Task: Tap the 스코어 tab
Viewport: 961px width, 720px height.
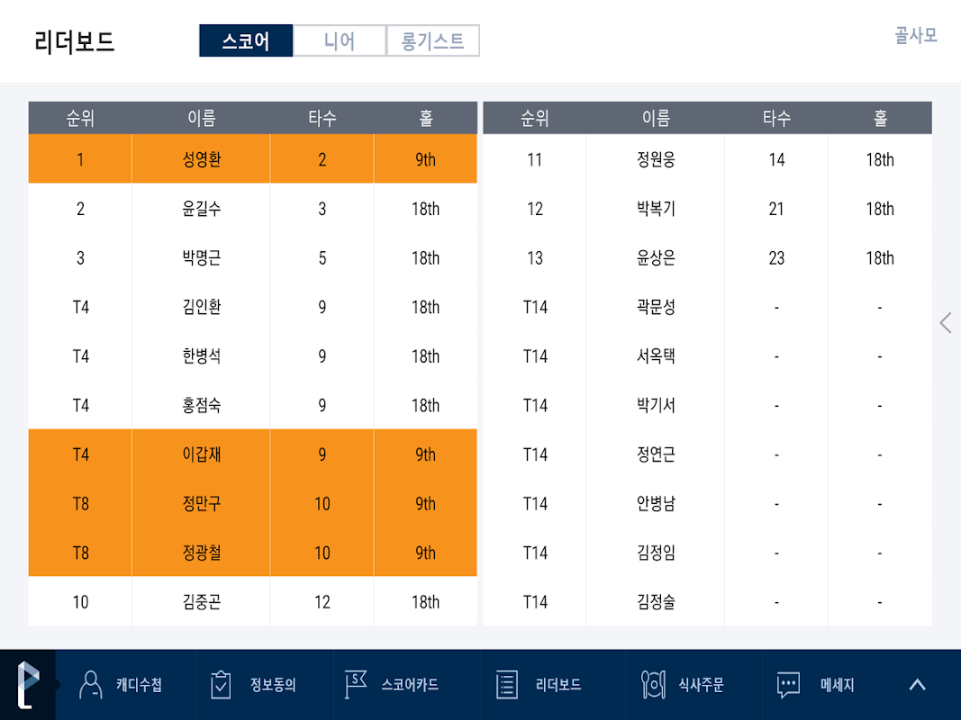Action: tap(246, 40)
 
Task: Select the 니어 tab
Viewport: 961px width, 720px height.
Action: tap(340, 40)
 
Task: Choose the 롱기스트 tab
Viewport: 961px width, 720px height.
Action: tap(433, 40)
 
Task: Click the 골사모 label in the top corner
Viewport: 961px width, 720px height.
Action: tap(915, 35)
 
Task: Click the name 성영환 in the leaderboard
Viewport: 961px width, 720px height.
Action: tap(201, 159)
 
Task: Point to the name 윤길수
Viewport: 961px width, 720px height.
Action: tap(201, 209)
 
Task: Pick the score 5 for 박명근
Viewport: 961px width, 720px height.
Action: tap(322, 258)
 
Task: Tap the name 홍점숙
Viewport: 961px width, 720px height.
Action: tap(201, 405)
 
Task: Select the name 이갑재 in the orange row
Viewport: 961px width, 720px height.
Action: tap(201, 454)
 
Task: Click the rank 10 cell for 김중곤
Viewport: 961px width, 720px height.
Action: tap(80, 602)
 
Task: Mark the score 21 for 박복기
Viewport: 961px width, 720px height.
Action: tap(776, 209)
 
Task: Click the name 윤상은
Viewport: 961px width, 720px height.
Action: tap(656, 258)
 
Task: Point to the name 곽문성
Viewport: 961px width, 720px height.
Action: tap(656, 307)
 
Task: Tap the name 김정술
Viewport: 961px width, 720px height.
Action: tap(656, 602)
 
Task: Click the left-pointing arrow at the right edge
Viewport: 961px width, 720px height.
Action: tap(945, 322)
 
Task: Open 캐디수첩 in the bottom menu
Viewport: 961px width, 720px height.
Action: tap(122, 685)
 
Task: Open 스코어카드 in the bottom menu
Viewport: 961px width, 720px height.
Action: tap(394, 685)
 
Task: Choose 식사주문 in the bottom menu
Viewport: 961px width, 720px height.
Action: tap(683, 685)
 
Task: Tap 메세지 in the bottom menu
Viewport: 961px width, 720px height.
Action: tap(817, 685)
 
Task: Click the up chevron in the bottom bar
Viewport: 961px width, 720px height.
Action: tap(917, 685)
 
